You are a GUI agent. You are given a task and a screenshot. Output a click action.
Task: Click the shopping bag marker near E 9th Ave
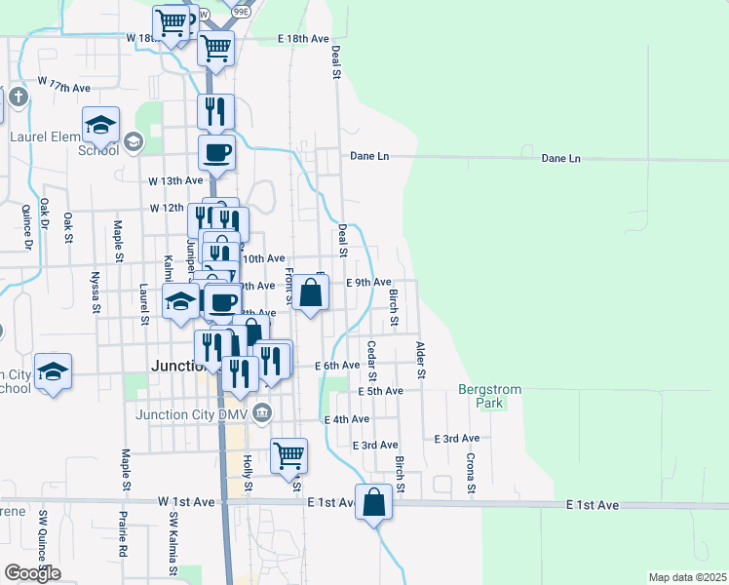pos(310,292)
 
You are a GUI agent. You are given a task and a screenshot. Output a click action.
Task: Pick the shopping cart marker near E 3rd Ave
pos(288,454)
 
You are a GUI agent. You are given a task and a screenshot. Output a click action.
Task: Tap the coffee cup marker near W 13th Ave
pos(216,153)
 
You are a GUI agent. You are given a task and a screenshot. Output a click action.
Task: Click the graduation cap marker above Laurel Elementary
pos(100,125)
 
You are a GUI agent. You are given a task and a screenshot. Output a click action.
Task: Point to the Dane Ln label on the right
pos(560,158)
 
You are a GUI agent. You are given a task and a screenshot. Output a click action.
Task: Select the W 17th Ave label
pos(64,87)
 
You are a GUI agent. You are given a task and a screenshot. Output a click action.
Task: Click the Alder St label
pos(421,360)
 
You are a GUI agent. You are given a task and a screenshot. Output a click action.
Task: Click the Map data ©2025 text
pos(687,577)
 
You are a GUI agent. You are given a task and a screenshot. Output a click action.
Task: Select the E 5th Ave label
pos(380,391)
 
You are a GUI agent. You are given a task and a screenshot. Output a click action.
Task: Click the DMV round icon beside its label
pos(262,414)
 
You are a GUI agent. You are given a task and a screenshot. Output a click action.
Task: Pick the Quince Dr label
pos(24,224)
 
